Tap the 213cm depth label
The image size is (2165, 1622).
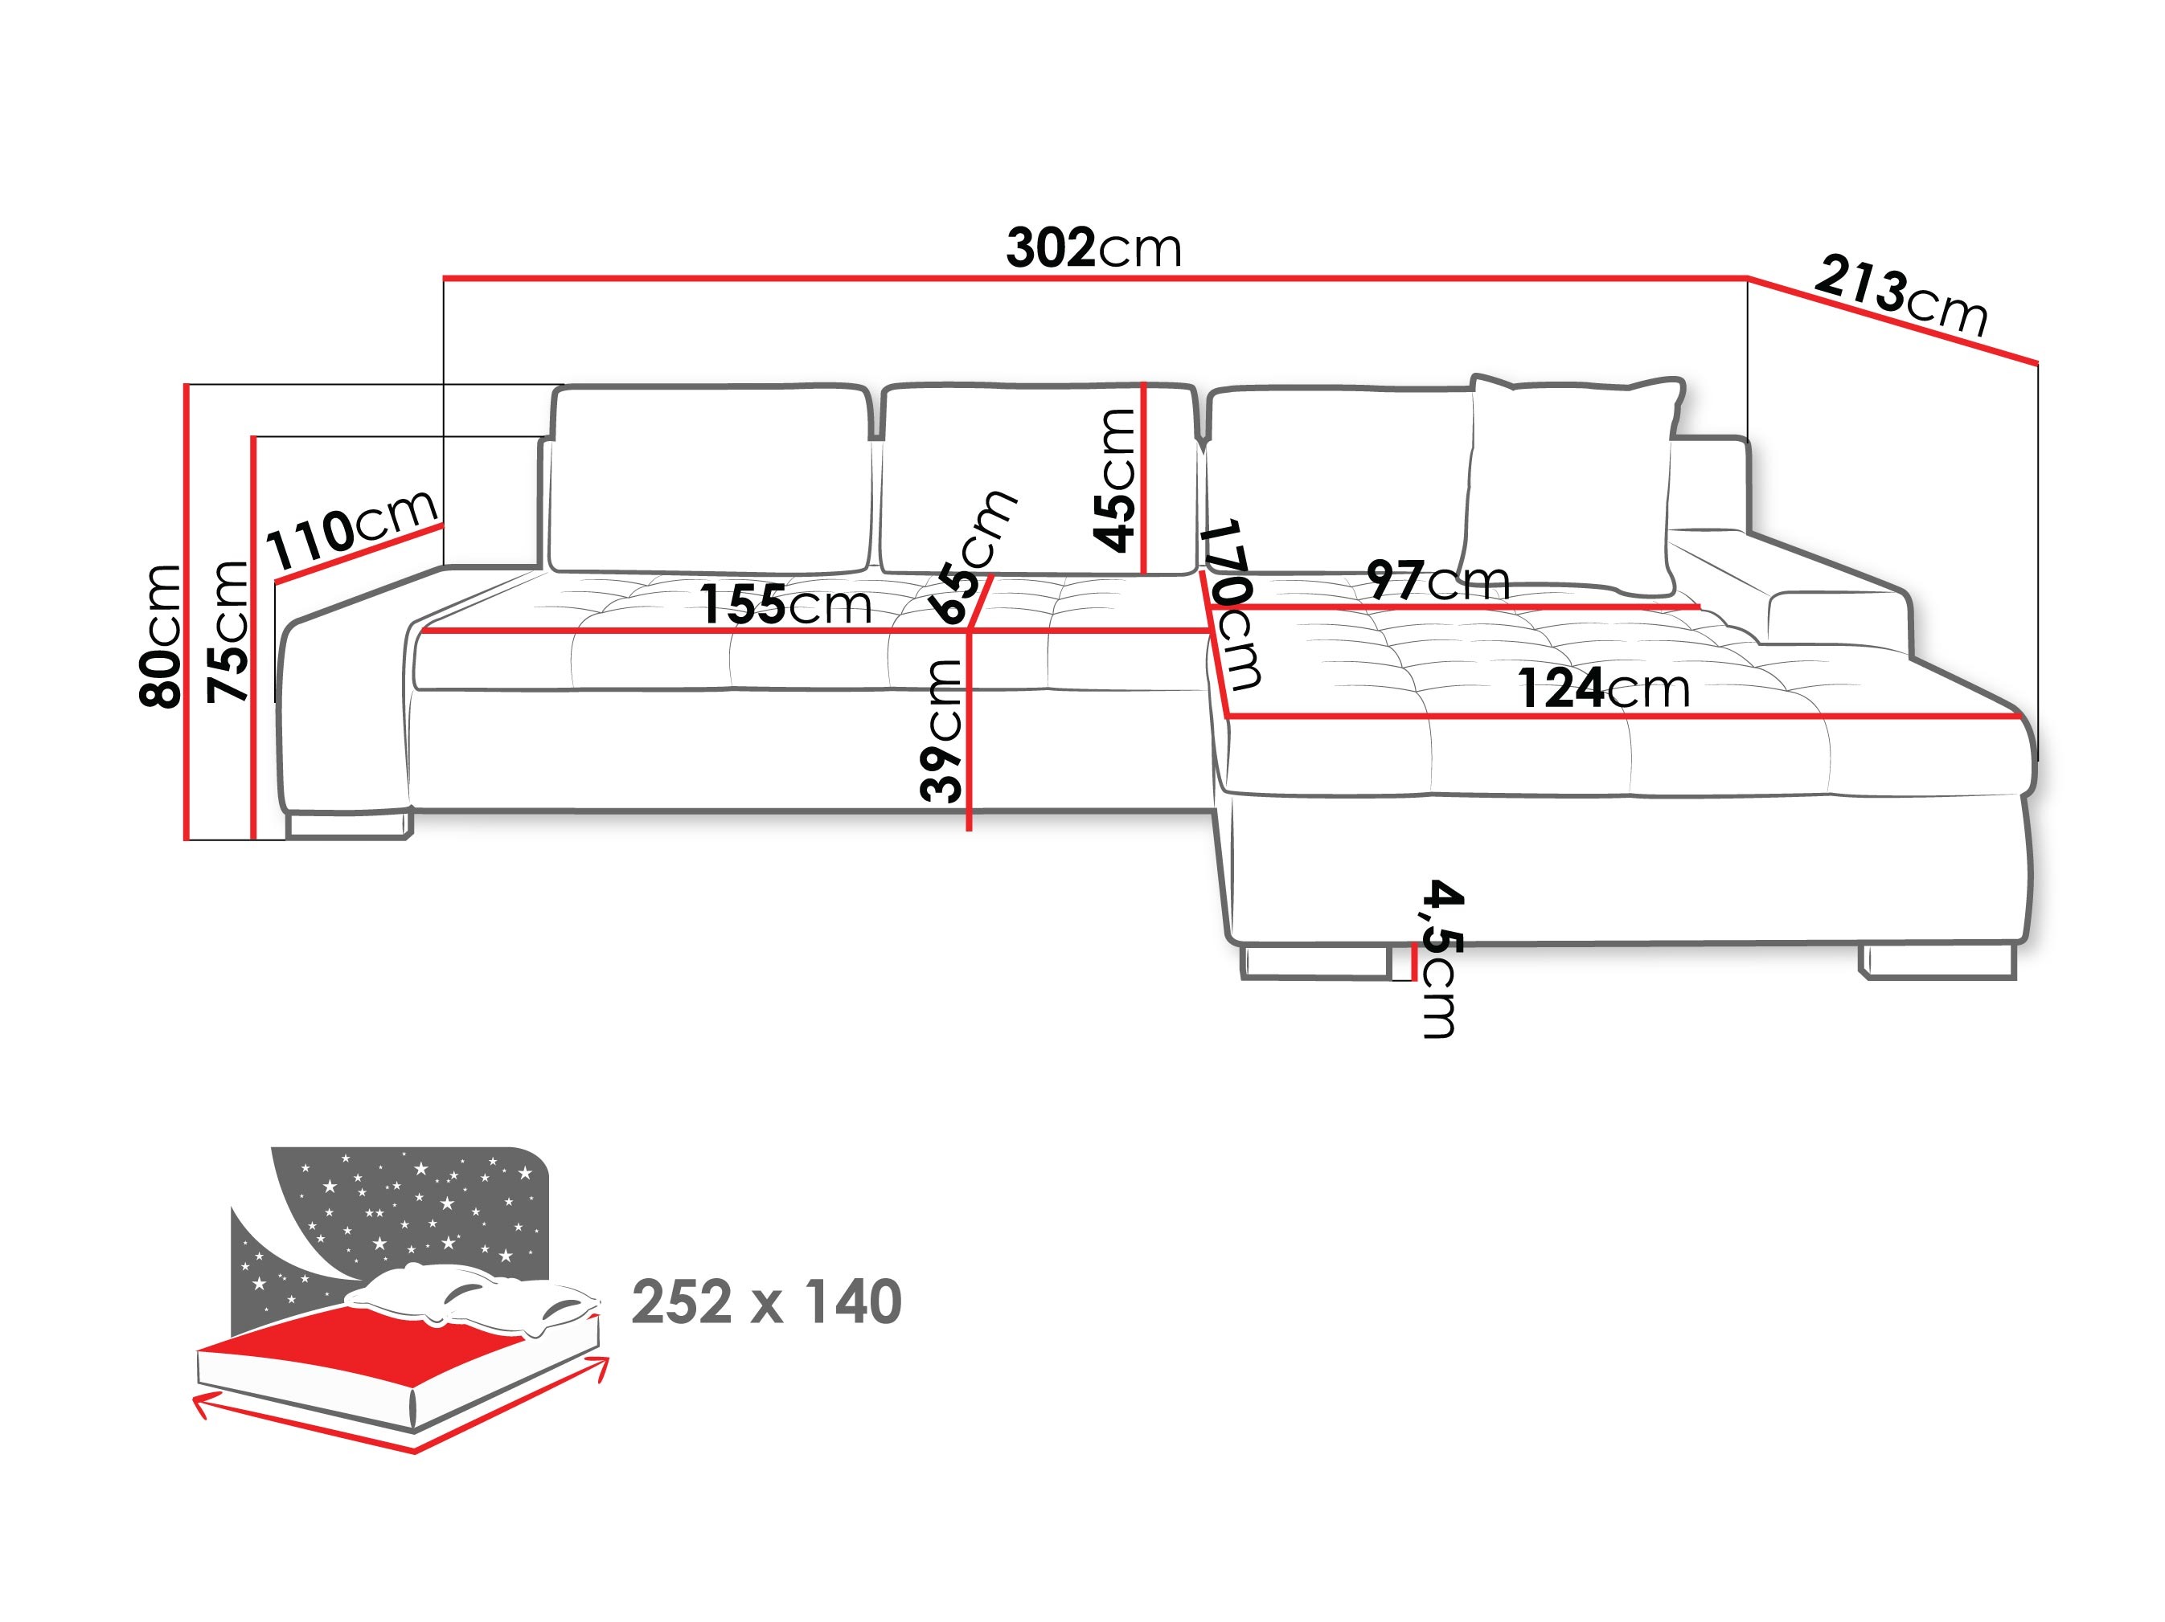[1900, 296]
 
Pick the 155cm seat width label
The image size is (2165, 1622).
[785, 605]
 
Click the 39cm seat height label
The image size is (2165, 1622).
[941, 729]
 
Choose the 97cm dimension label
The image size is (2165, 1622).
[1437, 581]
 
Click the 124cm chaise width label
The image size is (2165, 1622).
[1603, 688]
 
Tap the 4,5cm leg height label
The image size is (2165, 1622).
[1441, 958]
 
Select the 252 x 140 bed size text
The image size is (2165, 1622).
[766, 1302]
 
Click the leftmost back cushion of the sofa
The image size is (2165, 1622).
[710, 480]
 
